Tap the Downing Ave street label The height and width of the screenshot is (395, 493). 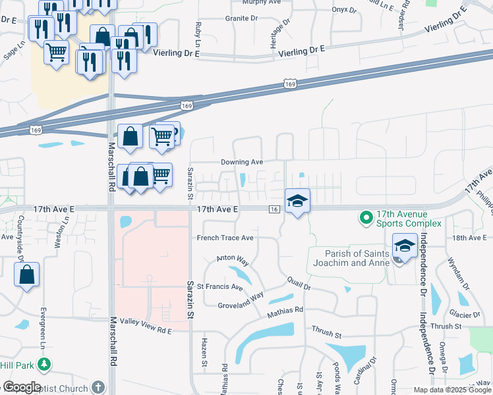[x=242, y=162]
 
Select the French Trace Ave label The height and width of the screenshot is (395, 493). [x=225, y=238]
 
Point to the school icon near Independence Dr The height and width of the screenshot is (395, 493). [x=405, y=247]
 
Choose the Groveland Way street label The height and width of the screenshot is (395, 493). [x=241, y=300]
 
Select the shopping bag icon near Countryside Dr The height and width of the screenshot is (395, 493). [x=27, y=275]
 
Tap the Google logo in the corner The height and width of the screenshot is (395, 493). [x=22, y=387]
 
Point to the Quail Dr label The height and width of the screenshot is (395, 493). [x=299, y=284]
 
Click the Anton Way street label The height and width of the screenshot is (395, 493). [x=233, y=261]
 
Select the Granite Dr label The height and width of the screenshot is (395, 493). [x=241, y=18]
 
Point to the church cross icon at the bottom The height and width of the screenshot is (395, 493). [x=98, y=387]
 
